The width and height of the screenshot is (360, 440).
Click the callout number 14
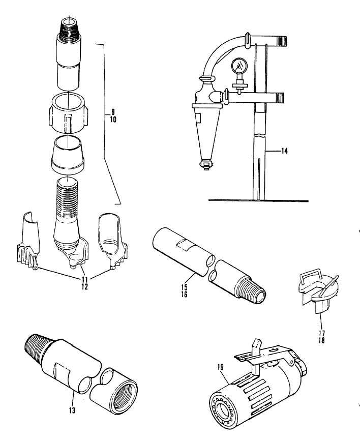[284, 151]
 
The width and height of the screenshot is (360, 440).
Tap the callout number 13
[72, 410]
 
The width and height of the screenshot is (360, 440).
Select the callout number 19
[221, 367]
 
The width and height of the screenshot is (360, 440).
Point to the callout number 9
[113, 113]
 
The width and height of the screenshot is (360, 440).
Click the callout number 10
[113, 120]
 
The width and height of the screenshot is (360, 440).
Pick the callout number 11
[85, 279]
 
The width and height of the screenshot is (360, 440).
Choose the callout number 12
[85, 286]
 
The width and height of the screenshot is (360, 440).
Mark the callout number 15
[184, 287]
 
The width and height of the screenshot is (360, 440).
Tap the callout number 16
[184, 295]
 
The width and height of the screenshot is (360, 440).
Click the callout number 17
[322, 333]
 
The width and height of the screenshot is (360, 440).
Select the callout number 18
[322, 340]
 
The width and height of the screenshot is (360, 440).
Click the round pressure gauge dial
[239, 66]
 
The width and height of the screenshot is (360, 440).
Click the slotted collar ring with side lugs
[68, 113]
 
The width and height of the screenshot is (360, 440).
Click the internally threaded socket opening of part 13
[124, 397]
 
